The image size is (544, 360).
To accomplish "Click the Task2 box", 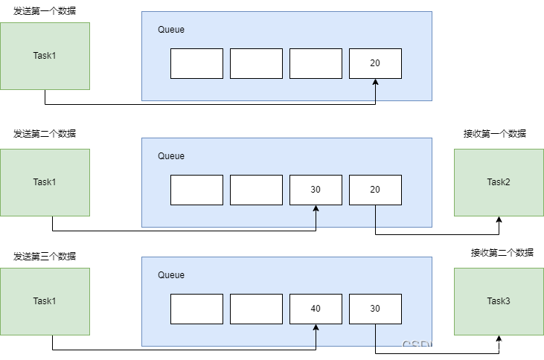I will (499, 182).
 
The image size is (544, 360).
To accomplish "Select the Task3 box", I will (499, 301).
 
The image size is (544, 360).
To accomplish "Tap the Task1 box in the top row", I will (45, 56).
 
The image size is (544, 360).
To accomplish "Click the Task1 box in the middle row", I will (45, 182).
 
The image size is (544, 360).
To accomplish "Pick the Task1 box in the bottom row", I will (45, 301).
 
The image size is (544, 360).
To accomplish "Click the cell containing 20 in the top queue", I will (375, 63).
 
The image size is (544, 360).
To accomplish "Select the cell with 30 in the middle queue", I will (316, 190).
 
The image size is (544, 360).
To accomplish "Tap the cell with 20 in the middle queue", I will (375, 190).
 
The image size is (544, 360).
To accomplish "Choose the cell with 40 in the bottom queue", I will (316, 309).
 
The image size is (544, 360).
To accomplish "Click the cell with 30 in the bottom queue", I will (375, 309).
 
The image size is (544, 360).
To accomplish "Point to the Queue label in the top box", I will (171, 30).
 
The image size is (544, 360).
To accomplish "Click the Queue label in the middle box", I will (171, 156).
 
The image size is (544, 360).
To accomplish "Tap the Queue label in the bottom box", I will (171, 275).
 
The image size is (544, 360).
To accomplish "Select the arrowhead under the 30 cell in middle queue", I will (316, 210).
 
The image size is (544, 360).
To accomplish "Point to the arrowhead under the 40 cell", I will (316, 330).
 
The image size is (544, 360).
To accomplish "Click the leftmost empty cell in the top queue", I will (196, 63).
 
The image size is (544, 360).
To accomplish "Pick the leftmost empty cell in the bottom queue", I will (196, 309).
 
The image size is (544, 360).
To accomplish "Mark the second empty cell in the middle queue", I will (256, 190).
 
